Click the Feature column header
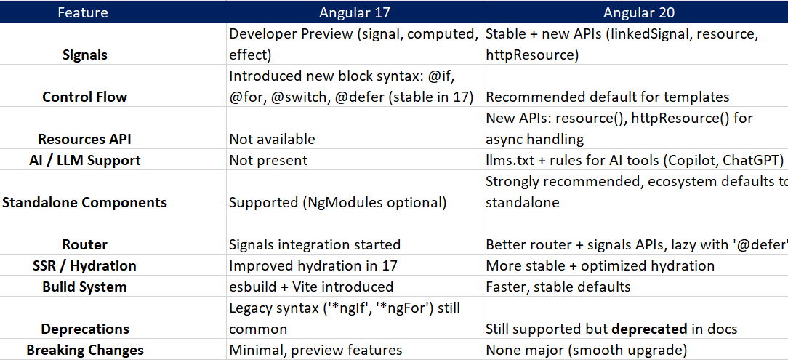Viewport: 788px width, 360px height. click(82, 12)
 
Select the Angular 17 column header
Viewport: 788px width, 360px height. click(355, 12)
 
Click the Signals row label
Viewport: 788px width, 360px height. click(85, 55)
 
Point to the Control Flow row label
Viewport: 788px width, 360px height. click(84, 97)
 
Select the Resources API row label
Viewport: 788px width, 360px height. click(84, 139)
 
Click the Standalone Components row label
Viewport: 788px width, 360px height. click(84, 202)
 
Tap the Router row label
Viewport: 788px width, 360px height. click(84, 244)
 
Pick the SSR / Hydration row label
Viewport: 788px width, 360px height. click(84, 265)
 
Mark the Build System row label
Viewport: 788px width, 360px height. click(84, 287)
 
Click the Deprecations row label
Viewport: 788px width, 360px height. click(84, 329)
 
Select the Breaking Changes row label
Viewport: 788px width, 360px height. click(84, 350)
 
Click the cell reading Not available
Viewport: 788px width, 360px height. click(272, 139)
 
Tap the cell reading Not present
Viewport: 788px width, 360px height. click(268, 160)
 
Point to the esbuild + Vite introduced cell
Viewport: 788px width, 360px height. click(311, 287)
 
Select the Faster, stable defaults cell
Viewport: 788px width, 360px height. click(559, 287)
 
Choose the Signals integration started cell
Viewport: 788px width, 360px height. click(315, 244)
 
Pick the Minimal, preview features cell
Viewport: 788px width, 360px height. click(315, 350)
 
